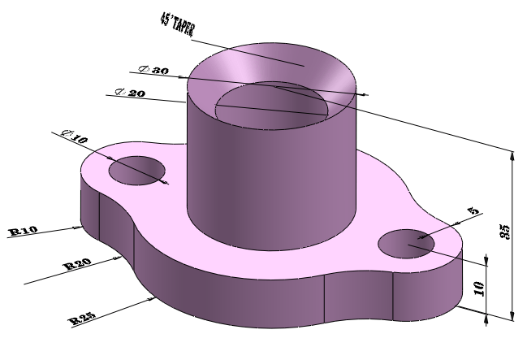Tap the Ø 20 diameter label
[130, 93]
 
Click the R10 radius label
[23, 232]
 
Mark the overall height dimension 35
[504, 231]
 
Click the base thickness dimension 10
[479, 288]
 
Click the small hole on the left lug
[137, 170]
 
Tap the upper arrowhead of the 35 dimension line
[512, 155]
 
